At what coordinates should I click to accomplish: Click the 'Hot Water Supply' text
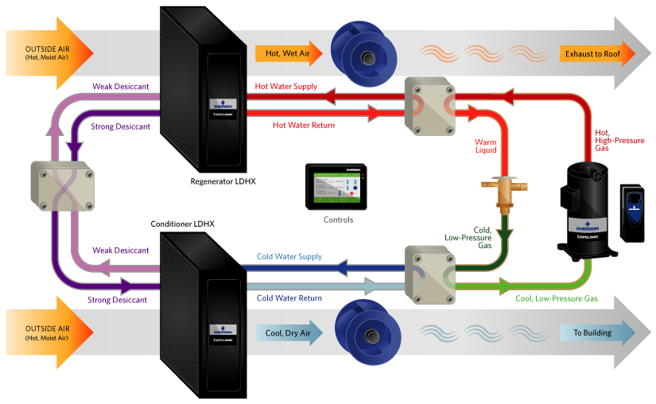[x=286, y=86]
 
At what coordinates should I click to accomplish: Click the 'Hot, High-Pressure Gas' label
[x=615, y=141]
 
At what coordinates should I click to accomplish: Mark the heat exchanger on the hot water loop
[x=433, y=105]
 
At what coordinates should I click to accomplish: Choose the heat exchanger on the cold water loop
[x=433, y=274]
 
